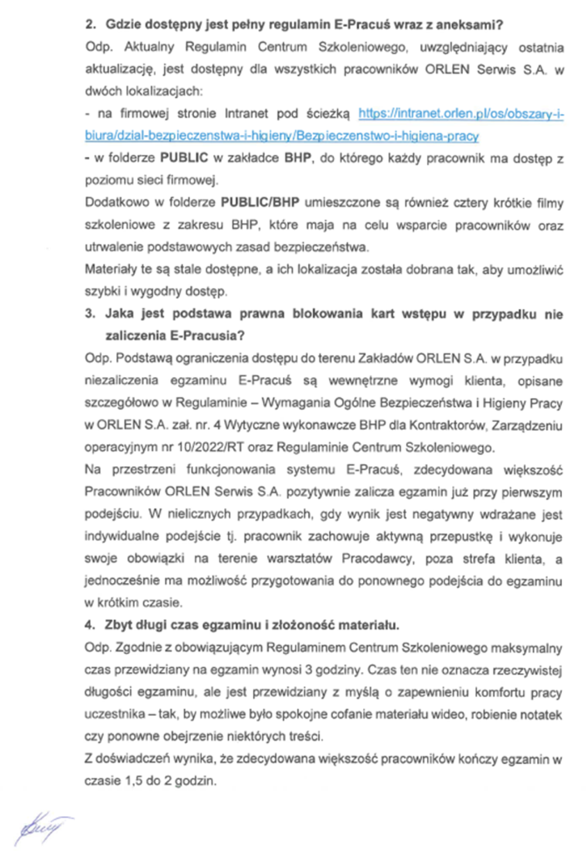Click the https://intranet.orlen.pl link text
(x=460, y=112)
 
